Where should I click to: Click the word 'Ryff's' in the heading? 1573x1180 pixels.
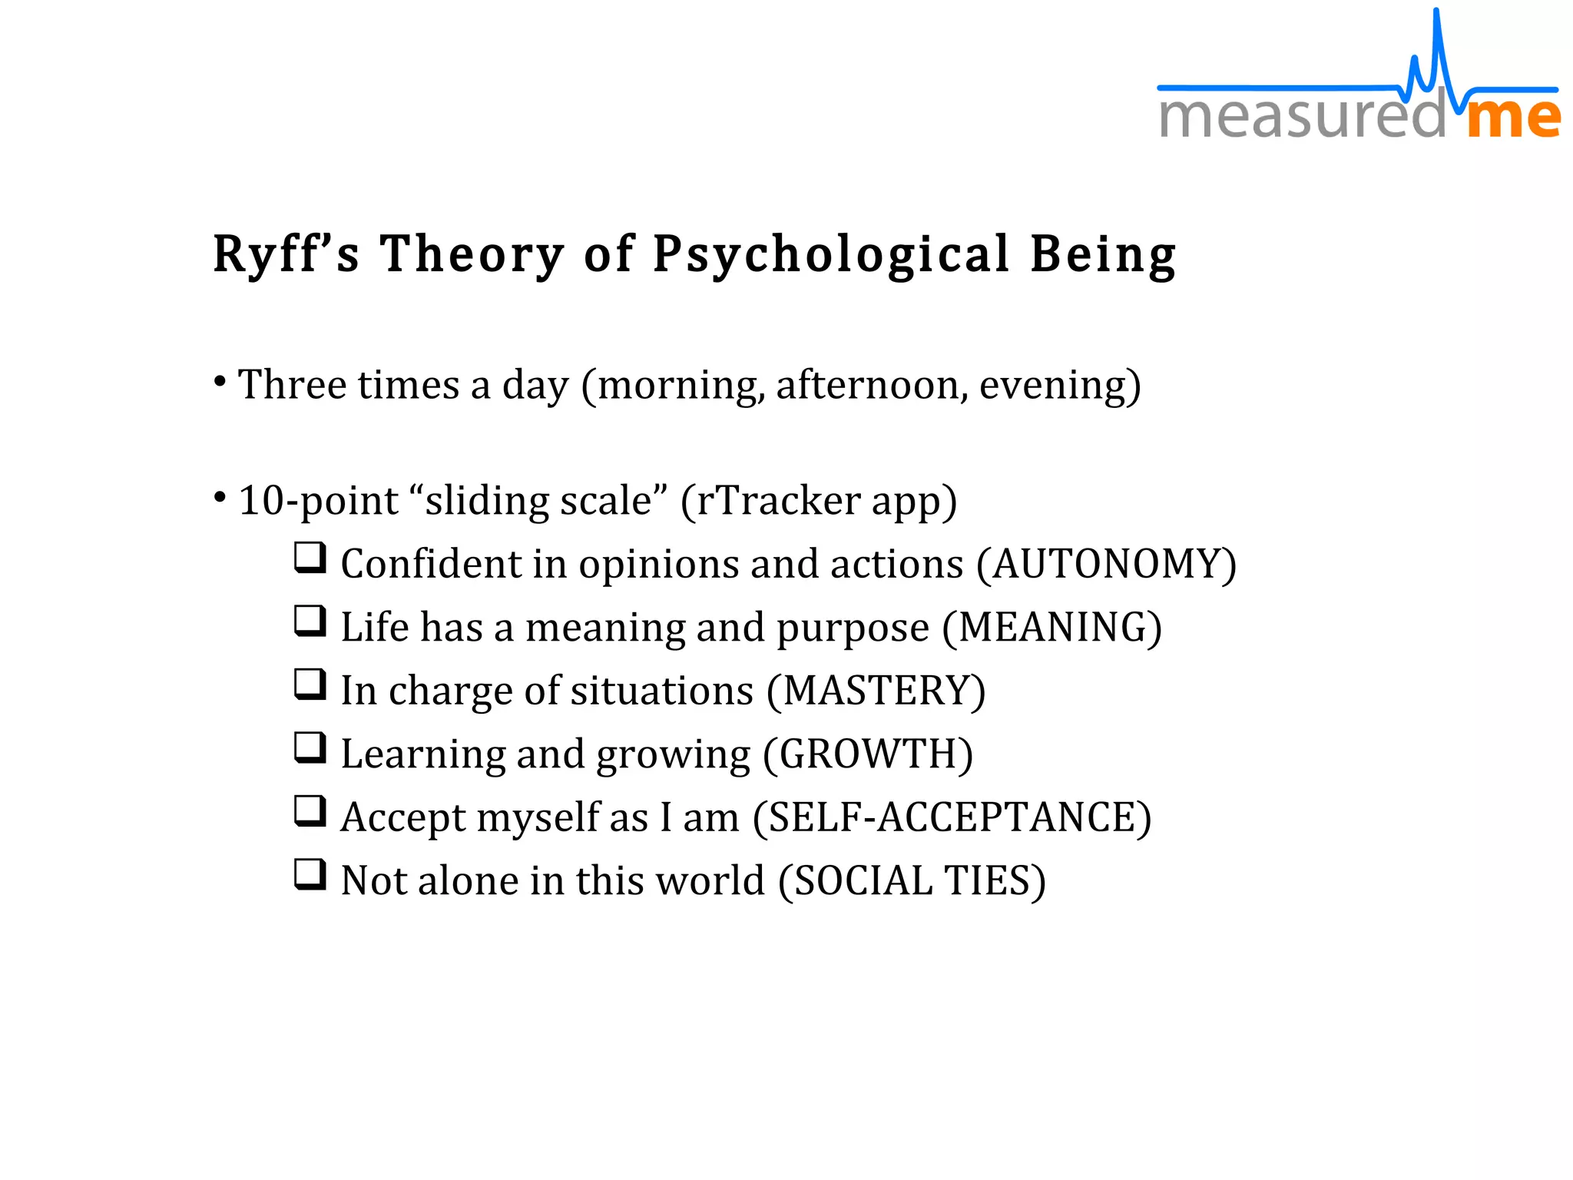click(286, 255)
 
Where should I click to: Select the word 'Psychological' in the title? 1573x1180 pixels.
click(831, 255)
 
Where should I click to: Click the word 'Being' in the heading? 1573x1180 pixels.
click(1103, 255)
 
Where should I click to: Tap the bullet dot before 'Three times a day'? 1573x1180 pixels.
click(220, 381)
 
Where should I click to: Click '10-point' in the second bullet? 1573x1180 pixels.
click(318, 502)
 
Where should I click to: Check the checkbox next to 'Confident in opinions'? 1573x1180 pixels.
click(310, 559)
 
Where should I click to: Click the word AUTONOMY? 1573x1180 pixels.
click(1106, 564)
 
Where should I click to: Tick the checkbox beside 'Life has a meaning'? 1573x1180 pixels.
click(310, 621)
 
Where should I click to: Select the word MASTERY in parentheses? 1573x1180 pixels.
click(876, 691)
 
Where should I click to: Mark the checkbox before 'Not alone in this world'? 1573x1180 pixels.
click(310, 874)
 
